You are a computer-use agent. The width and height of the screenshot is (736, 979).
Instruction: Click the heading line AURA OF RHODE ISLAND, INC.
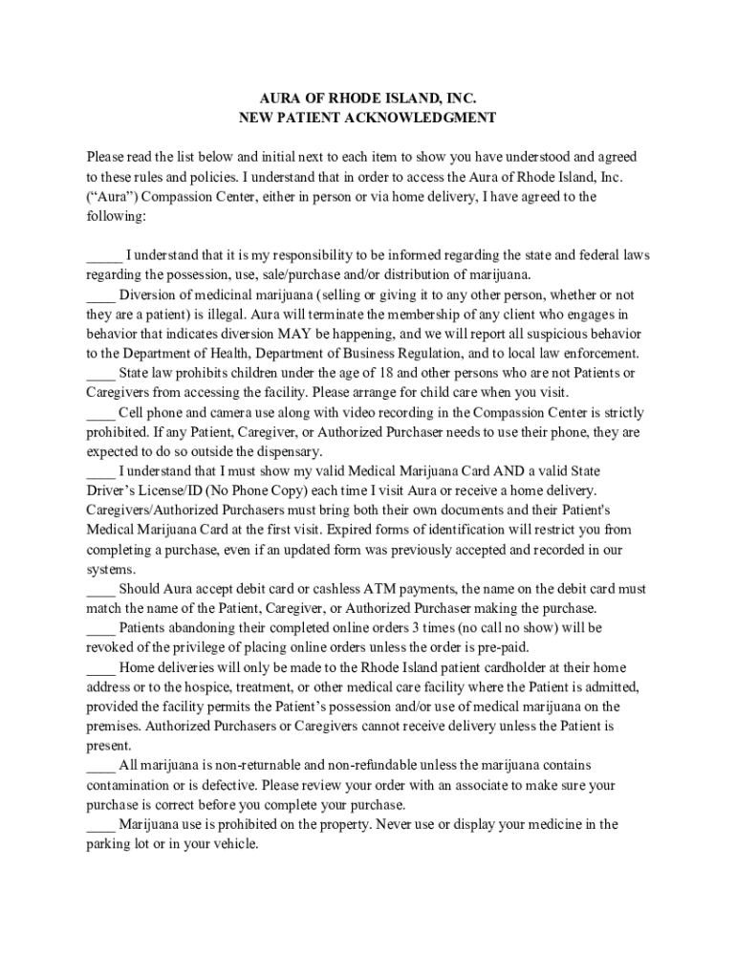click(x=368, y=98)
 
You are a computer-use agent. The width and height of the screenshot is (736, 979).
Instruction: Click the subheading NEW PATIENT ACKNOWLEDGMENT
click(x=368, y=119)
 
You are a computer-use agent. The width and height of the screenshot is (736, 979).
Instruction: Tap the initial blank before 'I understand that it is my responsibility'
click(x=104, y=256)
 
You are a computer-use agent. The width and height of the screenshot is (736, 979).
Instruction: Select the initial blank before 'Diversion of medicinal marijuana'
click(x=100, y=295)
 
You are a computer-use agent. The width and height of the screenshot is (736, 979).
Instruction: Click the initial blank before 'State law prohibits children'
click(x=100, y=374)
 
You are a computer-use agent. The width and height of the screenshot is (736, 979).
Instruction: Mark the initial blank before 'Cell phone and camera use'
click(x=100, y=413)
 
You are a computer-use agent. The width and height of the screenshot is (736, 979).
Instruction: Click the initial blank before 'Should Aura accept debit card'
click(x=100, y=589)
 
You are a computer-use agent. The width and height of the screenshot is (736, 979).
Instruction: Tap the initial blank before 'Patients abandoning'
click(x=100, y=628)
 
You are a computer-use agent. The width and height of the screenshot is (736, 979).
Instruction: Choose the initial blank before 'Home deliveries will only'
click(x=100, y=667)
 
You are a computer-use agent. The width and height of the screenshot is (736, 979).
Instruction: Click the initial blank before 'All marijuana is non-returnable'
click(x=100, y=765)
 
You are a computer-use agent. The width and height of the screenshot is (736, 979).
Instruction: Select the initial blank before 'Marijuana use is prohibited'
click(x=100, y=824)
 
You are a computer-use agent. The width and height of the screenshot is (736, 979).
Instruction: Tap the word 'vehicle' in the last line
click(x=233, y=844)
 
